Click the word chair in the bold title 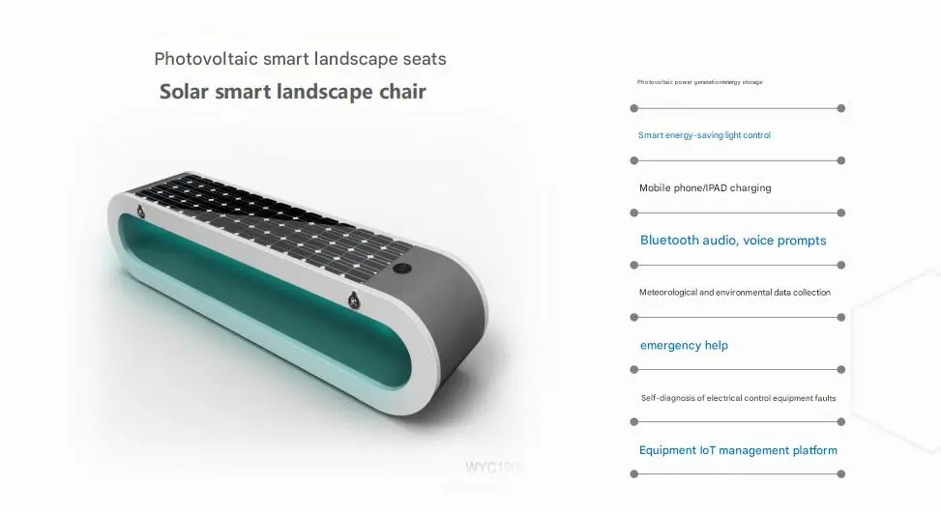click(x=397, y=92)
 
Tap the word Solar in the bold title click(x=187, y=92)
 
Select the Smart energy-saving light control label click(x=704, y=135)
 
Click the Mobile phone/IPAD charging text click(x=705, y=187)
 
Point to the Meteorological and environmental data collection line click(x=734, y=292)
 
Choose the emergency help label click(x=684, y=345)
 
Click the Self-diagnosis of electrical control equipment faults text click(x=738, y=398)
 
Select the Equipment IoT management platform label click(x=738, y=450)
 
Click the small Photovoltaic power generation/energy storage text click(x=699, y=82)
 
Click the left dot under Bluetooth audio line click(x=634, y=265)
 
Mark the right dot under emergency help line click(x=841, y=369)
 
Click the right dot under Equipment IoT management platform click(x=841, y=473)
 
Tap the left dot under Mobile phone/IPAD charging click(x=634, y=213)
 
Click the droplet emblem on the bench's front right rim click(x=354, y=299)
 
